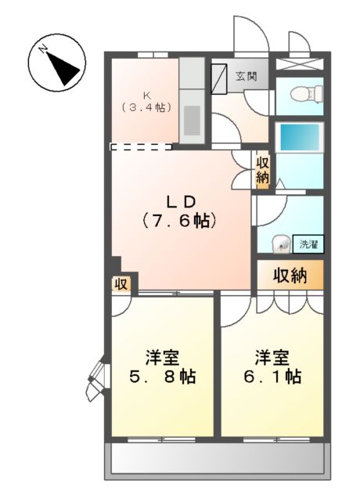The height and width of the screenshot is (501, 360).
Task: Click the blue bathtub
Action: tap(301, 138)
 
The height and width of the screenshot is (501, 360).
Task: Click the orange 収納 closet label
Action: tap(290, 275)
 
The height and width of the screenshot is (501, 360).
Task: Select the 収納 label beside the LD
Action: tap(262, 171)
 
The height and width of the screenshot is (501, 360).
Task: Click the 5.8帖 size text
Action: tap(162, 377)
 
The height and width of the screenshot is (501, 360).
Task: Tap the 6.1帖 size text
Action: tap(271, 377)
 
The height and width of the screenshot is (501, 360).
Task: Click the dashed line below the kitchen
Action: tap(142, 146)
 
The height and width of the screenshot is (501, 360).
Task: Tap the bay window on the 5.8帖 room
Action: tap(97, 379)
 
